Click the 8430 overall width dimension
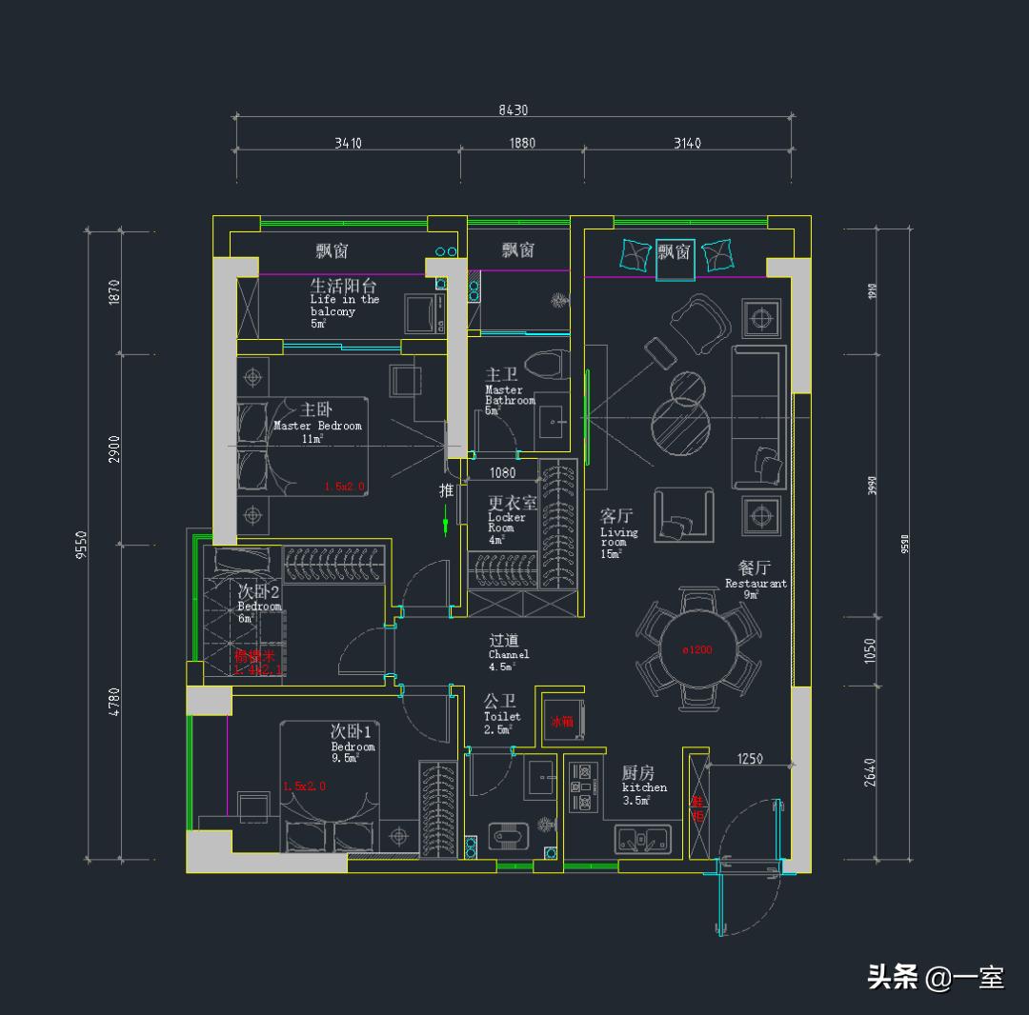(x=513, y=110)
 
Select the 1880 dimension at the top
(x=521, y=144)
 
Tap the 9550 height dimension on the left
(x=82, y=546)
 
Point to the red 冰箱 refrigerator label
(x=562, y=721)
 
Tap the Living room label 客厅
(x=616, y=516)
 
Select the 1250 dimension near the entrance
(x=750, y=759)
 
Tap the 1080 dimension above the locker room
(x=502, y=472)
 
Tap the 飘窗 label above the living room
(x=675, y=251)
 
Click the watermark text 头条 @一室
(x=935, y=977)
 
